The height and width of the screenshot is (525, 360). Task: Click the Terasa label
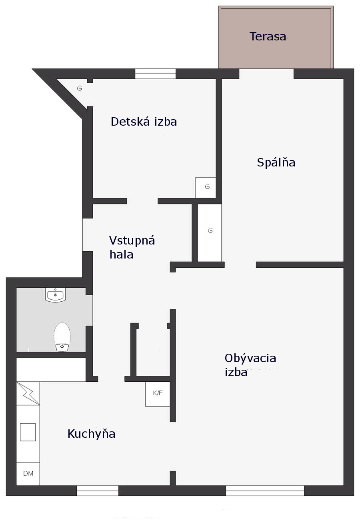(x=268, y=36)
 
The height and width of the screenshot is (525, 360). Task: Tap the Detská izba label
(x=144, y=122)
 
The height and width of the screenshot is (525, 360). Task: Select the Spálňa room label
(x=276, y=162)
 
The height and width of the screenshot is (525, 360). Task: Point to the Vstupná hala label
(x=132, y=247)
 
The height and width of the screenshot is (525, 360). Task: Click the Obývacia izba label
(x=250, y=365)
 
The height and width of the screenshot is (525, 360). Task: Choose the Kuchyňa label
(x=91, y=434)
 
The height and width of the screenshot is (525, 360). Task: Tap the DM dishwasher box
(x=28, y=473)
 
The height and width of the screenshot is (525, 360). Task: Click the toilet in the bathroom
(x=62, y=337)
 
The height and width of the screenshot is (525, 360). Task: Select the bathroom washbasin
(x=55, y=295)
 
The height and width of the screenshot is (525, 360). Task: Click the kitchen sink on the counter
(x=28, y=432)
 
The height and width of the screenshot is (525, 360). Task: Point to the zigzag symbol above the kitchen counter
(x=28, y=393)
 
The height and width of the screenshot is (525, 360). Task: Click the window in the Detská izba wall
(x=155, y=74)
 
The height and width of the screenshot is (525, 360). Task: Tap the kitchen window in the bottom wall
(x=98, y=491)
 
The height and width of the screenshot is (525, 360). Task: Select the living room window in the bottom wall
(x=265, y=491)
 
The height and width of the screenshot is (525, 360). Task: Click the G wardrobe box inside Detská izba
(x=206, y=188)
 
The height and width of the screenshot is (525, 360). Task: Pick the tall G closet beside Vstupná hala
(x=210, y=233)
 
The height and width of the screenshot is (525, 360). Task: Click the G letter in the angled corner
(x=80, y=88)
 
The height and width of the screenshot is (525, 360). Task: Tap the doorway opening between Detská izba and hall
(x=142, y=201)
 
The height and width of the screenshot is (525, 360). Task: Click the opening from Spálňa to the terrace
(x=266, y=74)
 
